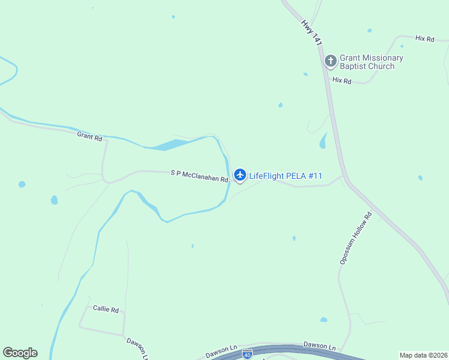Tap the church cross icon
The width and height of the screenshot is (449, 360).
coord(330,61)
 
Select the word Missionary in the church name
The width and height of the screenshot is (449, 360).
coord(381,58)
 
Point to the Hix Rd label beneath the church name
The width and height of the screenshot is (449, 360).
coord(342,80)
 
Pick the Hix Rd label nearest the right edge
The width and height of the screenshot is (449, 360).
coord(424,38)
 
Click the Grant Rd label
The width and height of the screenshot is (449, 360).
coord(89,137)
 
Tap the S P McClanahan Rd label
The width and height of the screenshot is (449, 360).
coord(199,176)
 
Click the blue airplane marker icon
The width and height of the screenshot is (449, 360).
coord(240,175)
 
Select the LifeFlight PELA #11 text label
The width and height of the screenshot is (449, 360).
coord(286,176)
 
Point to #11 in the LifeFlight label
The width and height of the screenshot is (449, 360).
coord(316,176)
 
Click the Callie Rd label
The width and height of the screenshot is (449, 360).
coord(106,309)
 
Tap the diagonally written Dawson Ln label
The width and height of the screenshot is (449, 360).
coord(137,348)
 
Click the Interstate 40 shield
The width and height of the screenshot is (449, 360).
coord(247,355)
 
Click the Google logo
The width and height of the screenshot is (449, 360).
coord(20,353)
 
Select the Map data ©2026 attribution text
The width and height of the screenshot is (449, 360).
coord(423,355)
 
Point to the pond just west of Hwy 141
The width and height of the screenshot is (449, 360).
coord(323,142)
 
